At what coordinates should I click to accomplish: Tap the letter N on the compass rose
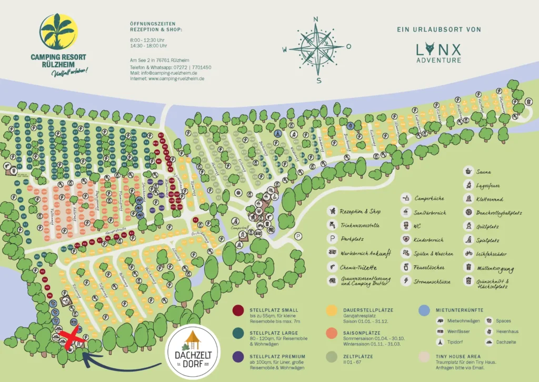pyautogui.click(x=316, y=20)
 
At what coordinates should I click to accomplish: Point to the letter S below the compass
pyautogui.click(x=318, y=81)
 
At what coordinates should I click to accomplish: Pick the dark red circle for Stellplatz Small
pyautogui.click(x=238, y=310)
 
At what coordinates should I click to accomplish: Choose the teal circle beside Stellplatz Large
pyautogui.click(x=238, y=334)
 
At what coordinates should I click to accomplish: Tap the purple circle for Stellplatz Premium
pyautogui.click(x=238, y=357)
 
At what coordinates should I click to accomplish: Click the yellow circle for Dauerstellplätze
pyautogui.click(x=332, y=310)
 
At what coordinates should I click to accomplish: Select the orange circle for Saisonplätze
pyautogui.click(x=332, y=334)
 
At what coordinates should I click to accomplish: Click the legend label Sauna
pyautogui.click(x=485, y=171)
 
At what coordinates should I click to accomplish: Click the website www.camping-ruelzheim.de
pyautogui.click(x=167, y=79)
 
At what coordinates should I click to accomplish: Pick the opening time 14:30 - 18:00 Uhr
pyautogui.click(x=148, y=46)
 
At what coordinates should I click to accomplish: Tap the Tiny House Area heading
pyautogui.click(x=457, y=357)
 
